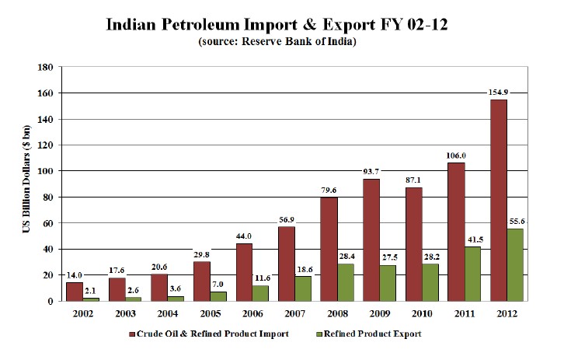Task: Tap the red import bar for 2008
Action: tap(328, 249)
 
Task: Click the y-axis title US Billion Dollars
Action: tap(26, 184)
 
